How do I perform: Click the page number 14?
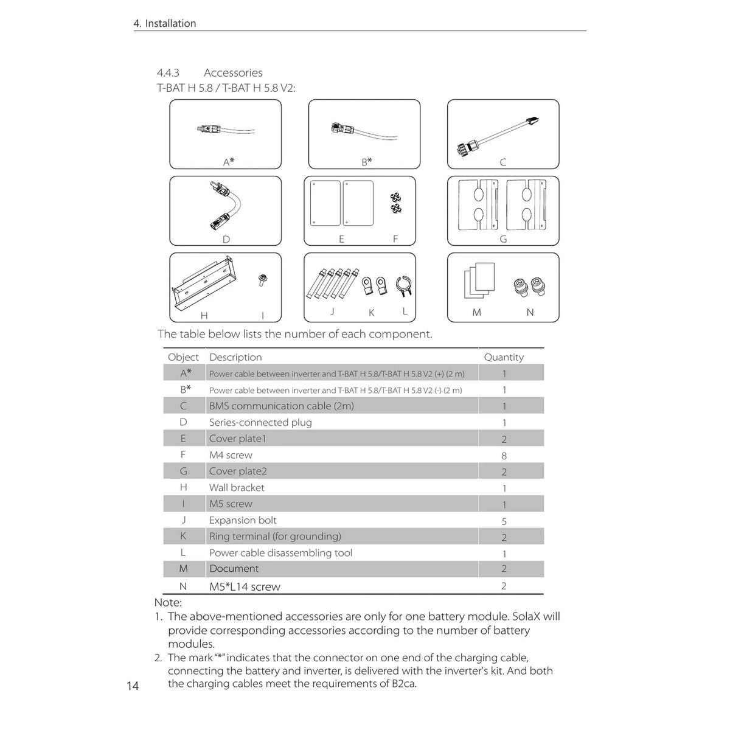tap(133, 686)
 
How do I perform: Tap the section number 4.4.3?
tap(168, 72)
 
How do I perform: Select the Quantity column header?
tap(504, 357)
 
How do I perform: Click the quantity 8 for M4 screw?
tap(504, 456)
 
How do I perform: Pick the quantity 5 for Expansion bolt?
tap(504, 521)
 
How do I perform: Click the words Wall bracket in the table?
tap(237, 487)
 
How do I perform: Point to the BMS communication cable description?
tap(282, 406)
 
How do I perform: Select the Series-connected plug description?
tap(260, 422)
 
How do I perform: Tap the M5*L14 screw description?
tap(245, 586)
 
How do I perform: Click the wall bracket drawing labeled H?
tap(205, 284)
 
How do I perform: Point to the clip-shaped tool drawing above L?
tap(404, 287)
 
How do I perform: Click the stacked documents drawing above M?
tap(479, 280)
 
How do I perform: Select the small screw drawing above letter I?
tap(262, 280)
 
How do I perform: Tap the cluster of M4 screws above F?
tap(396, 203)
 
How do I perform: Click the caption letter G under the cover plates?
tap(503, 239)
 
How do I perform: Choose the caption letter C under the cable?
tap(503, 162)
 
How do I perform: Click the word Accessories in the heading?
tap(233, 72)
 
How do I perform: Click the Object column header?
tap(183, 357)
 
